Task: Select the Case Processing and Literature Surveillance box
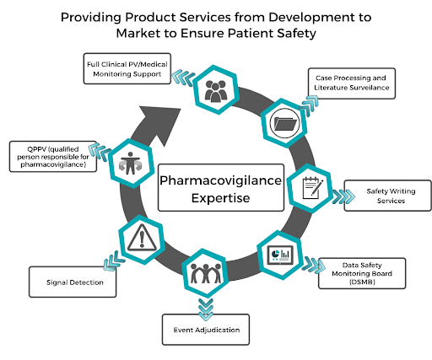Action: pos(354,83)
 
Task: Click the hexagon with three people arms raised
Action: pos(201,273)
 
